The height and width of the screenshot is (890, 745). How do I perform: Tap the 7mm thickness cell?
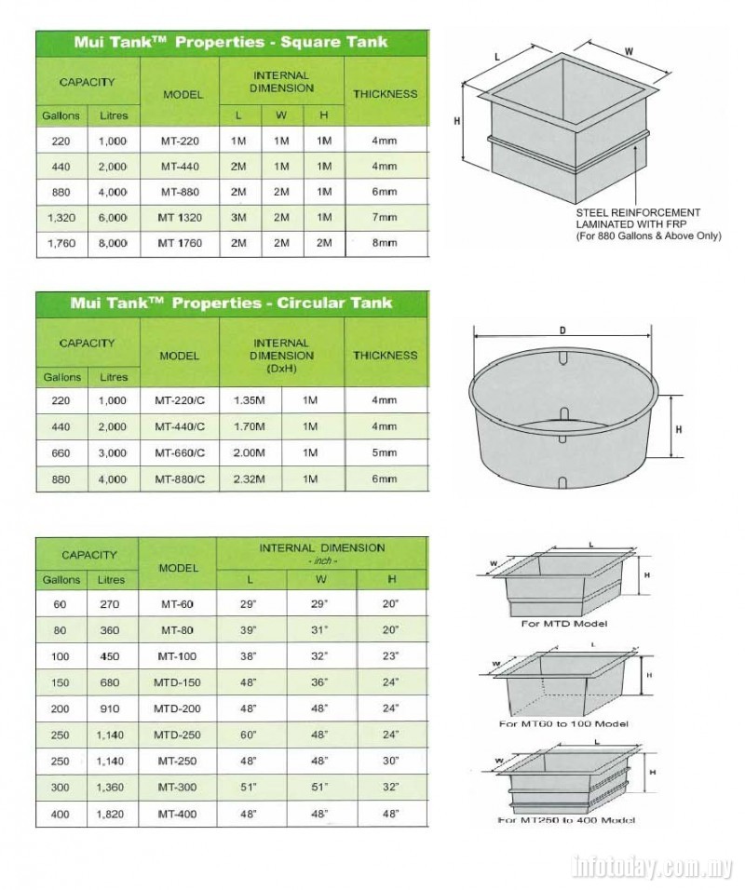(x=384, y=217)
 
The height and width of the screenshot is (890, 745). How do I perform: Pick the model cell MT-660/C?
(x=179, y=453)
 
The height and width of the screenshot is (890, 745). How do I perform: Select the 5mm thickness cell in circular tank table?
(x=384, y=453)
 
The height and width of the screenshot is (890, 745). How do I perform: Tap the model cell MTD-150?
(x=176, y=682)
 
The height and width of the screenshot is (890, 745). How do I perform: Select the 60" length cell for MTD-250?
(x=250, y=735)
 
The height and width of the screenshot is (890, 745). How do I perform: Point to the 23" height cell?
(x=391, y=656)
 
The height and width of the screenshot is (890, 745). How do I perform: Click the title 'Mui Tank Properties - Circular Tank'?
(x=232, y=303)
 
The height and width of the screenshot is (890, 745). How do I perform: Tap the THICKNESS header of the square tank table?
(x=386, y=93)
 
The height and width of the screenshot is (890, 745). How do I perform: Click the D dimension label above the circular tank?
(x=562, y=330)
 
